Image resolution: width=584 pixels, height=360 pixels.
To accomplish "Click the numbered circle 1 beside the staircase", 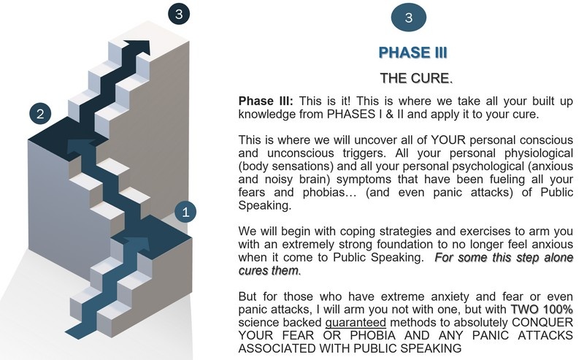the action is click(x=185, y=212).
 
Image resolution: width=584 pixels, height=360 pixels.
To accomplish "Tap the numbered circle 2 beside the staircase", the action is click(x=40, y=114).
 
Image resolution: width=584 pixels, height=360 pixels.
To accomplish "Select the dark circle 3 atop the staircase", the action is click(x=179, y=14).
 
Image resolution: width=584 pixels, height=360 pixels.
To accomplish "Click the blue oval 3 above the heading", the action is click(x=409, y=18).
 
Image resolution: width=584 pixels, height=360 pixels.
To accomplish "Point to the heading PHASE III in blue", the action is click(x=412, y=53).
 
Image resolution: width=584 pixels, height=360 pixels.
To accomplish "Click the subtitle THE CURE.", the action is click(x=416, y=78).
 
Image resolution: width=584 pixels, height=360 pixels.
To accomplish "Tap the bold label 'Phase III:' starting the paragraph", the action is click(x=266, y=101).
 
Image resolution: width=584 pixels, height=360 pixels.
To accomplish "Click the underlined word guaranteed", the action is click(x=356, y=322).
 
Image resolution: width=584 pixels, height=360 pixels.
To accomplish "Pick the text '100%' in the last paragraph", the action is click(x=558, y=310).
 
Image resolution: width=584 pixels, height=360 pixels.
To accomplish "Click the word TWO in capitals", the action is click(x=524, y=310).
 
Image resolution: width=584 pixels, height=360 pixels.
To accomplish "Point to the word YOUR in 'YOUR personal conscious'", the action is click(x=448, y=140).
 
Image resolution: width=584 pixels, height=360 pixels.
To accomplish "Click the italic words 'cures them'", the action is click(x=269, y=270).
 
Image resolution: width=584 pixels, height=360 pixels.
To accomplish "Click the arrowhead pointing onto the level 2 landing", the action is click(x=81, y=147).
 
